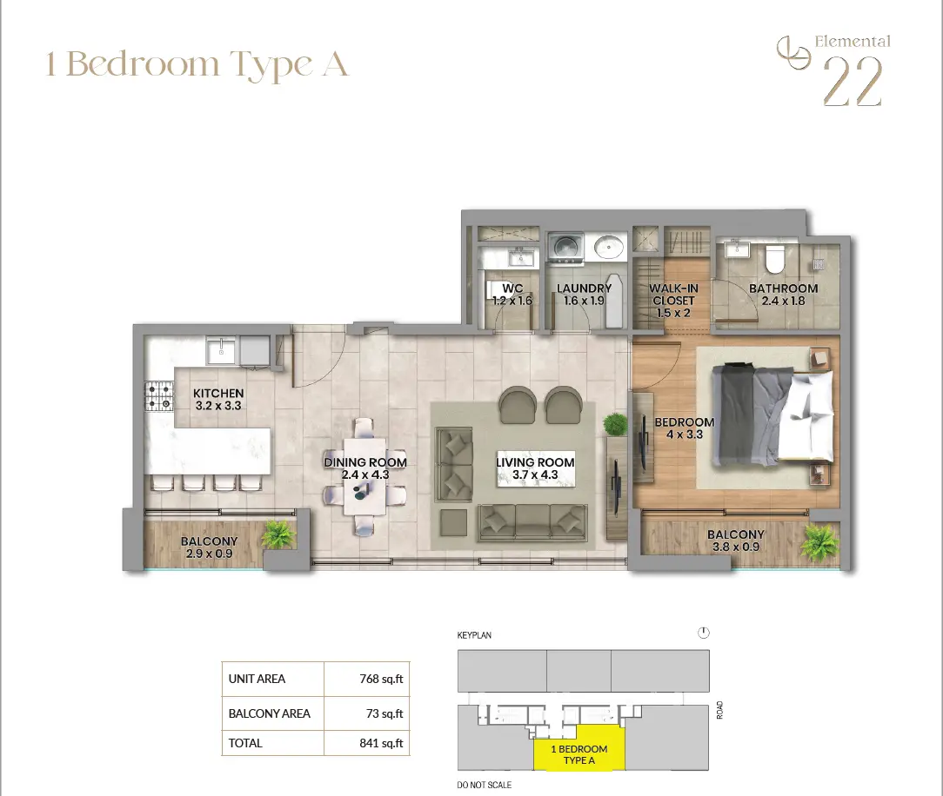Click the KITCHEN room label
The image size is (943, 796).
(x=218, y=393)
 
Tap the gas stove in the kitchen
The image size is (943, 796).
(x=159, y=397)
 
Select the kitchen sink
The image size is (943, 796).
(x=221, y=350)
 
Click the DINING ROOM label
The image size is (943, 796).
(x=365, y=462)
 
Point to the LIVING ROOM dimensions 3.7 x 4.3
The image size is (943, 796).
(x=535, y=474)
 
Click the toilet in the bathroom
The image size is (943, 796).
(x=775, y=259)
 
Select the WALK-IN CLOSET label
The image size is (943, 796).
(x=673, y=295)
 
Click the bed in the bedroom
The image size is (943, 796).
(x=772, y=415)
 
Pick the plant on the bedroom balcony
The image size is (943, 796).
(x=819, y=541)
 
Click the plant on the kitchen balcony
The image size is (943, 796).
(x=278, y=534)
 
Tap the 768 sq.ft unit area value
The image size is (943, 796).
(x=381, y=679)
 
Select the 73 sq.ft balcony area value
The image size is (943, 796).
(x=385, y=713)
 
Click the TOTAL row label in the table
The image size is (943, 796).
(x=245, y=743)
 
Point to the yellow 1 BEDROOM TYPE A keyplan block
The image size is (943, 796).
(x=579, y=747)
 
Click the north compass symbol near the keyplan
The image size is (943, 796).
(x=704, y=633)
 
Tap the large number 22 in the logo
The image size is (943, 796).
(x=853, y=83)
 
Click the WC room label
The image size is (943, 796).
(x=512, y=289)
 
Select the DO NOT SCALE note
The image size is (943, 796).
(x=485, y=785)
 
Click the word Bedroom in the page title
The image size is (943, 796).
(x=143, y=63)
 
